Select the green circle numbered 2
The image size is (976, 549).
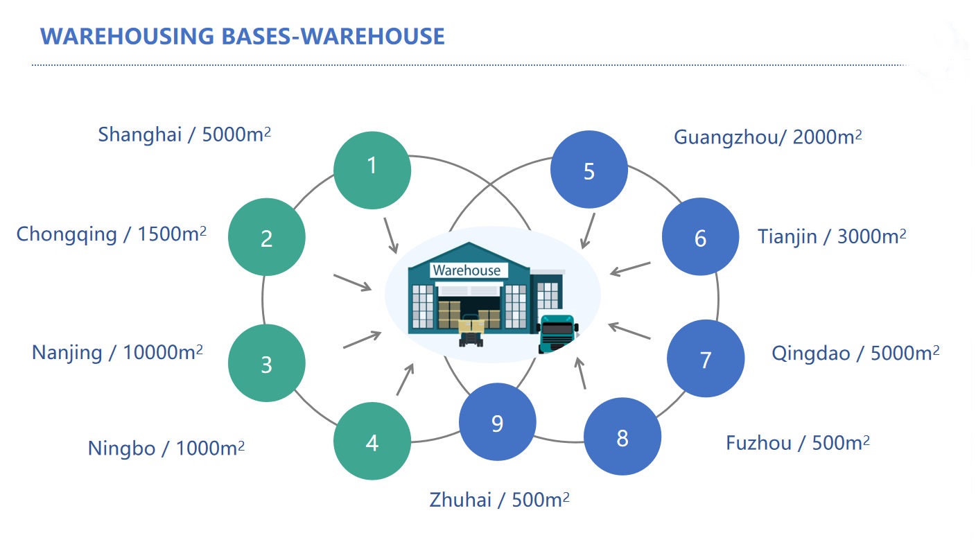[267, 237]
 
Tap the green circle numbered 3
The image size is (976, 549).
[267, 363]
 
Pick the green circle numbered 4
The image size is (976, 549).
[372, 441]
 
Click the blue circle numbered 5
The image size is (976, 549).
[589, 170]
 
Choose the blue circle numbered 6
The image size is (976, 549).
[700, 237]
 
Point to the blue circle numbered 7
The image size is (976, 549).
[706, 358]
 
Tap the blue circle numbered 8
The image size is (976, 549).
[622, 437]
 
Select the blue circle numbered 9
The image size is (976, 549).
[497, 421]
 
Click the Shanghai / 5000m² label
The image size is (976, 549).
[184, 134]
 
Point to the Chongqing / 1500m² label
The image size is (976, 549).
[112, 234]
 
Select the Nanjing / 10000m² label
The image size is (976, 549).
[117, 352]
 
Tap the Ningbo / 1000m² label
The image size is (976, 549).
[166, 448]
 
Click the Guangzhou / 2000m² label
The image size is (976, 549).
[768, 137]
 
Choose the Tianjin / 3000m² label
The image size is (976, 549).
[832, 237]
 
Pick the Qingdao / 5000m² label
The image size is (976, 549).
[855, 354]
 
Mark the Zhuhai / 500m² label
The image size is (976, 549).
[499, 500]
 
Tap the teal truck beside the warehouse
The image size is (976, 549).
[557, 333]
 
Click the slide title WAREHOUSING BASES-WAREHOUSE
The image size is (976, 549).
[243, 36]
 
